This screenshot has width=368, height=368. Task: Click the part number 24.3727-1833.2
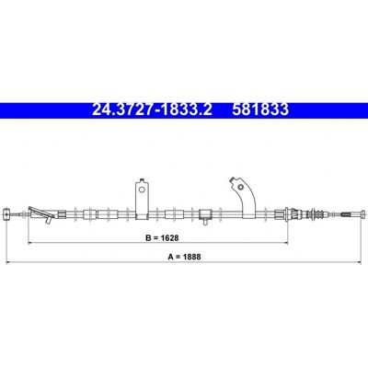point(152,109)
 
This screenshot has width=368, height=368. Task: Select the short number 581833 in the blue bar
point(260,109)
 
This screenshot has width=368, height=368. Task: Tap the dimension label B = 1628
point(162,237)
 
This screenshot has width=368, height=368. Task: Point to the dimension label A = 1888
point(184,257)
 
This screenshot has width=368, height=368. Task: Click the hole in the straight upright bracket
point(142,190)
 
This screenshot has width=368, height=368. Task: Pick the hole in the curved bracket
point(241,187)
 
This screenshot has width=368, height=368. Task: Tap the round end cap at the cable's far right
point(363,213)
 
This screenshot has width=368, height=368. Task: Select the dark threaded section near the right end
point(346,213)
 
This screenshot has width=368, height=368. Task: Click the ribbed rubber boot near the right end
point(316,213)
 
